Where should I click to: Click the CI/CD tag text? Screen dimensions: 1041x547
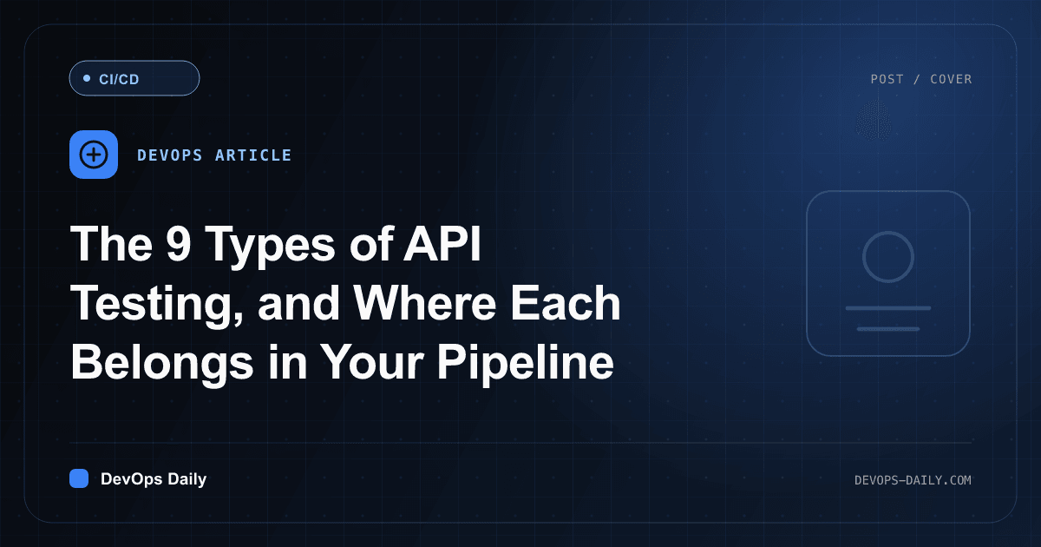(x=119, y=79)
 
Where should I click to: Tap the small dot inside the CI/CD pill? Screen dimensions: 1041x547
(x=87, y=78)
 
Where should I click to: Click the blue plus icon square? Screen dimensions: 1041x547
(x=94, y=155)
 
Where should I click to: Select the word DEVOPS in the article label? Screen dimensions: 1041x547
(x=170, y=155)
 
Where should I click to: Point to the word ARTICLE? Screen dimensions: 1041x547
(x=253, y=155)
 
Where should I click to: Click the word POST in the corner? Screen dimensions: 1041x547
(x=887, y=79)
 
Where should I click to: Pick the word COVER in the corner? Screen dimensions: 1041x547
(x=951, y=79)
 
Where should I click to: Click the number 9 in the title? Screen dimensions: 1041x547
(x=179, y=244)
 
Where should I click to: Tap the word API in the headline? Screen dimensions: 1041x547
(x=442, y=244)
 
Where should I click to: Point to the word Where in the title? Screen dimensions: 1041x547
(x=424, y=303)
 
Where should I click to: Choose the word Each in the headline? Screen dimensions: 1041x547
(x=566, y=303)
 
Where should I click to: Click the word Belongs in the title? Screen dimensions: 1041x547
(x=162, y=364)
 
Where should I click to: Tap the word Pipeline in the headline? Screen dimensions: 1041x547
(x=525, y=364)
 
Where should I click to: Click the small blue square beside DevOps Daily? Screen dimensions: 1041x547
(x=79, y=478)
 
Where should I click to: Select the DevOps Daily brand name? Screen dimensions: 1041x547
(x=154, y=479)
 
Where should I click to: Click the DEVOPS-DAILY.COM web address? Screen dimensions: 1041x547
(x=913, y=480)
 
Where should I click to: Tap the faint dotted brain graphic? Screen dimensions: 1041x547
(x=874, y=120)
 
